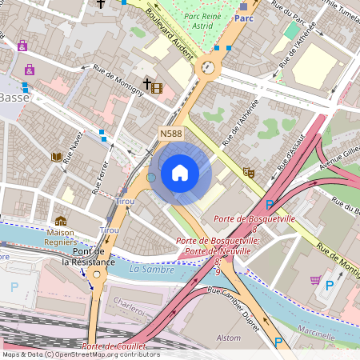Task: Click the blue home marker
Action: (180, 173)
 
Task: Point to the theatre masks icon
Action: (249, 171)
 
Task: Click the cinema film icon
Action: (156, 88)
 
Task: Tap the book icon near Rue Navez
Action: (56, 157)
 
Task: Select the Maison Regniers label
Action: (60, 238)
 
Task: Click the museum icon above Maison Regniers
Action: (61, 221)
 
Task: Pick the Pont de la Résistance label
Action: (88, 256)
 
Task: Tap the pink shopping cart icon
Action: (315, 280)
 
